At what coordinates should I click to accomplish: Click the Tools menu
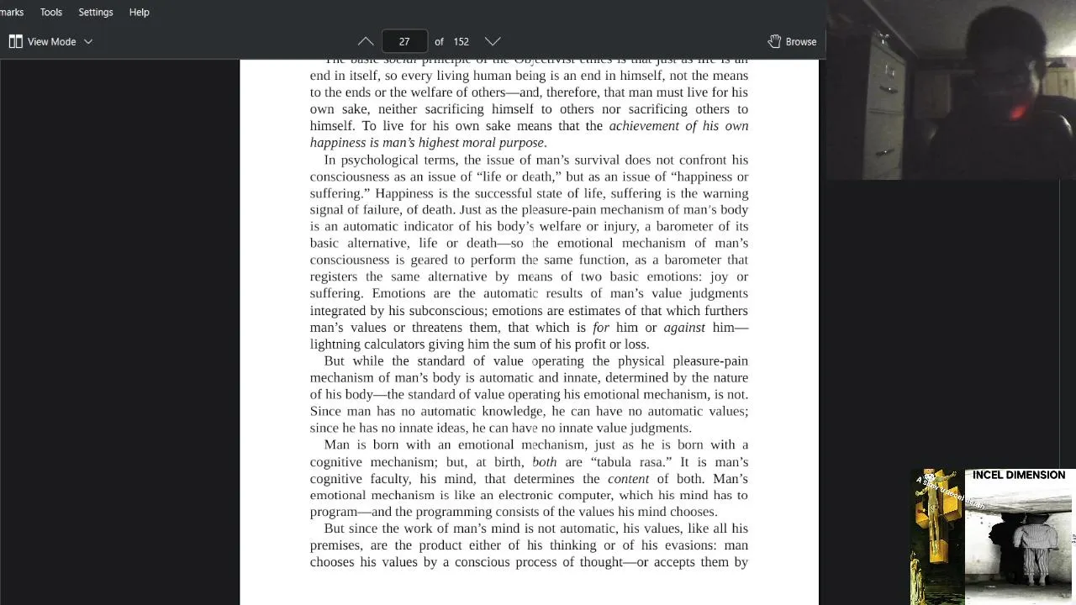coord(51,13)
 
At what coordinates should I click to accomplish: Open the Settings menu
coord(96,13)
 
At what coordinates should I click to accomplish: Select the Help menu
coord(140,13)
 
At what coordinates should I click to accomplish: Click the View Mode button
coord(50,41)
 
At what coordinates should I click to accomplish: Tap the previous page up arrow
coord(366,41)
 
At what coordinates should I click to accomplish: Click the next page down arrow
coord(493,41)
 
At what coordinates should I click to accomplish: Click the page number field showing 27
coord(404,41)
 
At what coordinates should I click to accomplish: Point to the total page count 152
coord(461,41)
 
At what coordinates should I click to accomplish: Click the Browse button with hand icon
coord(792,41)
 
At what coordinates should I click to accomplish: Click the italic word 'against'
coord(684,328)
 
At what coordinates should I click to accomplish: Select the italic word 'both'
coord(544,462)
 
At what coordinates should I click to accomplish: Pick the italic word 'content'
coord(628,479)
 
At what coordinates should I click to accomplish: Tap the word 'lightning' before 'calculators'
coord(335,345)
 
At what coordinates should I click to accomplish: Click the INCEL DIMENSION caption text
coord(1018,476)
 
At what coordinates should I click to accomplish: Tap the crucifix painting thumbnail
coord(938,535)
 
